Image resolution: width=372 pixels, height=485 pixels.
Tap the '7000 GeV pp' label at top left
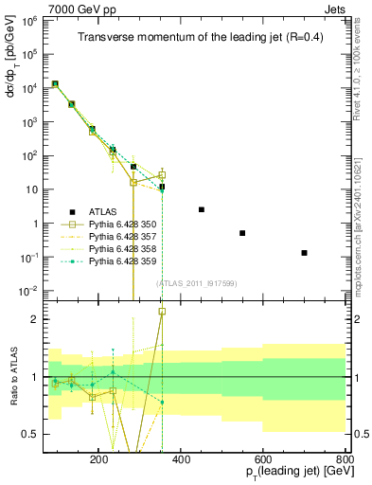77,9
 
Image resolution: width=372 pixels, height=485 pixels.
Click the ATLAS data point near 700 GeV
304,252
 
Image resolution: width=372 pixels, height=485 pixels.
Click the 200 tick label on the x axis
98,459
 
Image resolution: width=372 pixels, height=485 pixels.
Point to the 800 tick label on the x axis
345,459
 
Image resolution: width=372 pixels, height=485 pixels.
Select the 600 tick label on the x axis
262,459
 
